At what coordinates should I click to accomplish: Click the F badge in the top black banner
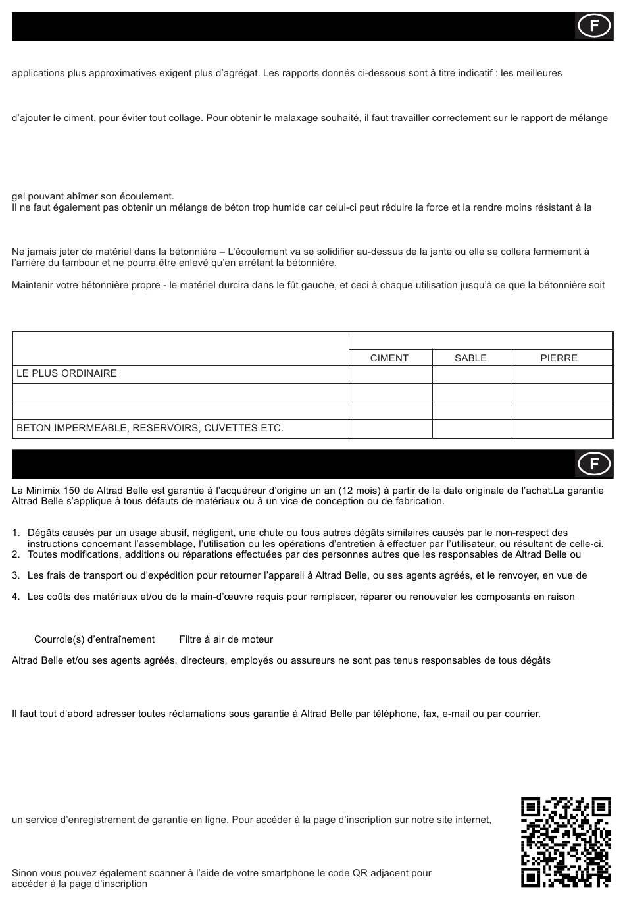(594, 26)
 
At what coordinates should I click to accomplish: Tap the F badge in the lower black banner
(594, 464)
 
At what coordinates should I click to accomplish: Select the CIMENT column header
(389, 358)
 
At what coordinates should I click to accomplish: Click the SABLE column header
(471, 358)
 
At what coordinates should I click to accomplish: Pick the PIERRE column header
(559, 358)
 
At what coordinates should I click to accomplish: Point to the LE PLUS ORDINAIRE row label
(66, 373)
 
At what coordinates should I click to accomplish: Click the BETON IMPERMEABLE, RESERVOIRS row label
(150, 428)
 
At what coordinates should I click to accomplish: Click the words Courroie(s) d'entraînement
(94, 639)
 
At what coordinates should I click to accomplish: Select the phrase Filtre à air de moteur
(226, 639)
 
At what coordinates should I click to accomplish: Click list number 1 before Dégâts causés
(16, 533)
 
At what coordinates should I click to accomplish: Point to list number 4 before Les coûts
(16, 597)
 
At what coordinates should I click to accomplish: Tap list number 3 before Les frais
(16, 575)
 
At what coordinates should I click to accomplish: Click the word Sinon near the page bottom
(24, 873)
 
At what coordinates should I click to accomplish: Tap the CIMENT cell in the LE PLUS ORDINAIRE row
(389, 374)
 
